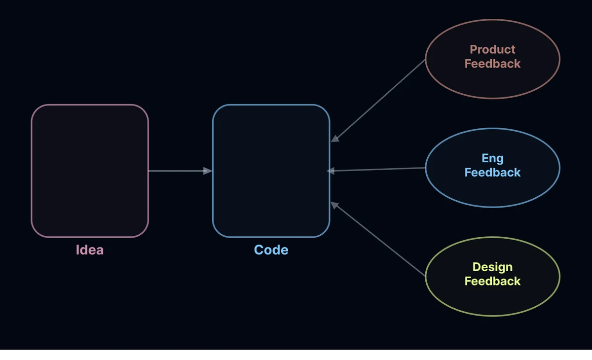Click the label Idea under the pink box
(90, 250)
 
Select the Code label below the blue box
(271, 250)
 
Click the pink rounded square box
(90, 171)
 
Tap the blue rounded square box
(271, 171)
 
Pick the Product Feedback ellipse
(492, 79)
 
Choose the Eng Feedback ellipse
(492, 190)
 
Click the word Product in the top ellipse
(492, 49)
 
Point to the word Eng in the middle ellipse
(492, 158)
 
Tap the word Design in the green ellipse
(492, 267)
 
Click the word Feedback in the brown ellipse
(492, 64)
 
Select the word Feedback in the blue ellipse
(492, 173)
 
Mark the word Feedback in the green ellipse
(492, 281)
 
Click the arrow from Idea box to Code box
(178, 171)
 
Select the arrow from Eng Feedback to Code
(377, 170)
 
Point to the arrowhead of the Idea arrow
(208, 171)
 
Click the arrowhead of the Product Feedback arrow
(335, 139)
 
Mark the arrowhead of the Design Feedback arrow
(334, 205)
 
